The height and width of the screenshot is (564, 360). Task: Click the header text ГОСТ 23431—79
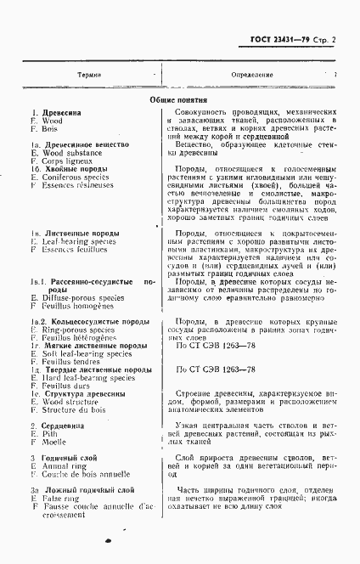[x=280, y=42]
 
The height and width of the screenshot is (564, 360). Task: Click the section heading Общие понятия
[x=177, y=99]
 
